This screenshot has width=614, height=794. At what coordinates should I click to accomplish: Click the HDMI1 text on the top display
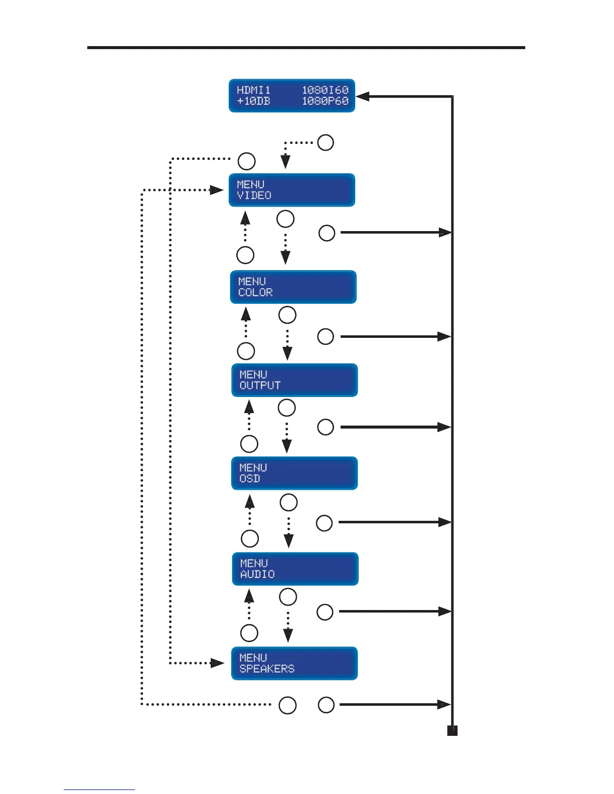(253, 90)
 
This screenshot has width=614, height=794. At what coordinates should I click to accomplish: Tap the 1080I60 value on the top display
(325, 90)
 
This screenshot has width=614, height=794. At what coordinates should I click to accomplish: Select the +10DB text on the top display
(253, 101)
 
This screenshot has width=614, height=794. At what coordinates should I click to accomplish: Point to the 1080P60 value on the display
(325, 101)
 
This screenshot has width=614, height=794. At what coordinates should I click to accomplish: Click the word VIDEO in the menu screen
(254, 195)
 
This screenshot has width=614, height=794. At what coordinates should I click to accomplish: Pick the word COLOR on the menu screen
(255, 292)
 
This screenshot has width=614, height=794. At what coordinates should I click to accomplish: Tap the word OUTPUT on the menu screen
(260, 385)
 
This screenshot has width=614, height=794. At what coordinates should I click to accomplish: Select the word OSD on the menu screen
(250, 479)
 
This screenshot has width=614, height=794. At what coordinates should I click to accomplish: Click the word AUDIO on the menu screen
(257, 574)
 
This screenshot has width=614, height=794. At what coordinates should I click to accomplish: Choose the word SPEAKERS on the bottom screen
(267, 669)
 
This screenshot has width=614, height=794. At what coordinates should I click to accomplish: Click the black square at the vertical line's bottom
(452, 731)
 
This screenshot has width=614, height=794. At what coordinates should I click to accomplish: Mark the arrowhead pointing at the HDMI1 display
(362, 97)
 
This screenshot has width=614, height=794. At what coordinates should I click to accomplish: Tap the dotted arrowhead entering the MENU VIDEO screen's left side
(217, 190)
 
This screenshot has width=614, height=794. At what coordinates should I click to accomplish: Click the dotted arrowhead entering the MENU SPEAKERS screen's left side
(218, 663)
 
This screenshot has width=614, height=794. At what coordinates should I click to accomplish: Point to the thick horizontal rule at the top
(306, 48)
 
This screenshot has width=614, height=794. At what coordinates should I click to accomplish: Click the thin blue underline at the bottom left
(99, 789)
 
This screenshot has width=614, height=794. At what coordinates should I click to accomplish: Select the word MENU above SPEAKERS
(253, 658)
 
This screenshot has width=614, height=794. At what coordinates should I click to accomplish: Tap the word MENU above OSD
(253, 468)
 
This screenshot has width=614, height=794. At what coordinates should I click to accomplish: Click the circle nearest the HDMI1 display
(326, 142)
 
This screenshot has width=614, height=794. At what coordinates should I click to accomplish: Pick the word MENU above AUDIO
(254, 563)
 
